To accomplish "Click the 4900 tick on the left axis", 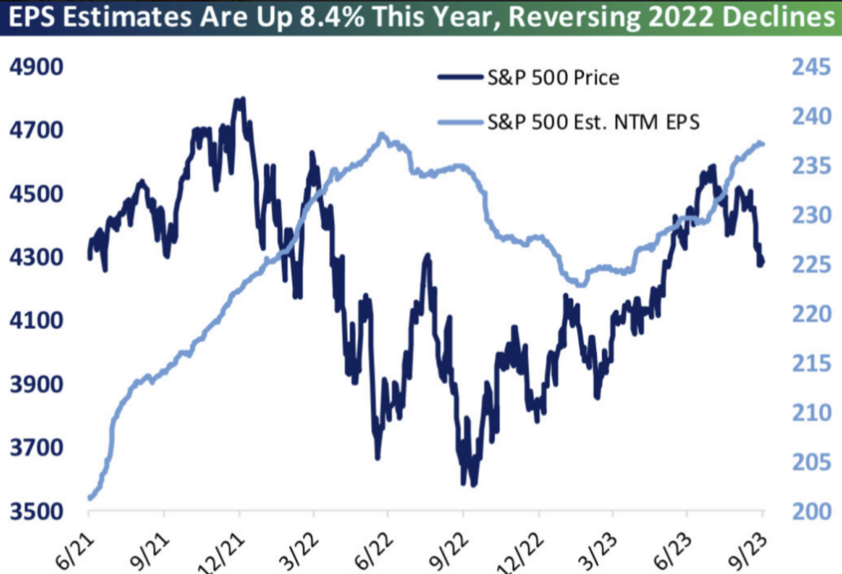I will coord(35,67).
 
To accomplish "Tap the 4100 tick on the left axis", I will coord(35,321).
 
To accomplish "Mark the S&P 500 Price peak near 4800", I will coord(240,100).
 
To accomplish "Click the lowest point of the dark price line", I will coord(473,484).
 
